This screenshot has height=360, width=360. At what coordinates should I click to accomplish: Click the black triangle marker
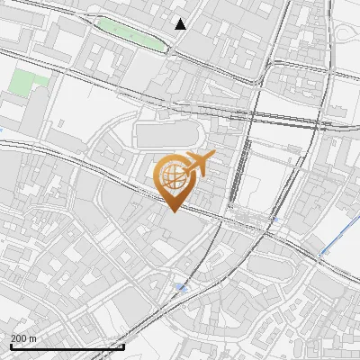pos(181,24)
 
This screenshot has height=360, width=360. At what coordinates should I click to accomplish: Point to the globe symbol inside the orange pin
pos(172,176)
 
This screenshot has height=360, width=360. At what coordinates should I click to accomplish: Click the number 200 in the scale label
pos(20,338)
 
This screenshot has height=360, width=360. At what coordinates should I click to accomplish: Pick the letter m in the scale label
pos(33,338)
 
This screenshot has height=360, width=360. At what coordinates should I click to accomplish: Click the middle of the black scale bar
pos(67,346)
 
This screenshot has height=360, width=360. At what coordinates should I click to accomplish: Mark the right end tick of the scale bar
pos(123,346)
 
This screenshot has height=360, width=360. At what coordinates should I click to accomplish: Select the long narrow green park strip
pos(130,33)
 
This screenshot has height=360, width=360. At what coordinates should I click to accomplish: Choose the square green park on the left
pos(29,83)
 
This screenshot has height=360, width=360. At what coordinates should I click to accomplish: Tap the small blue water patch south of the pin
pos(183,288)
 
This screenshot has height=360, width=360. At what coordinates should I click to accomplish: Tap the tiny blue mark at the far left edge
pos(2,132)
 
